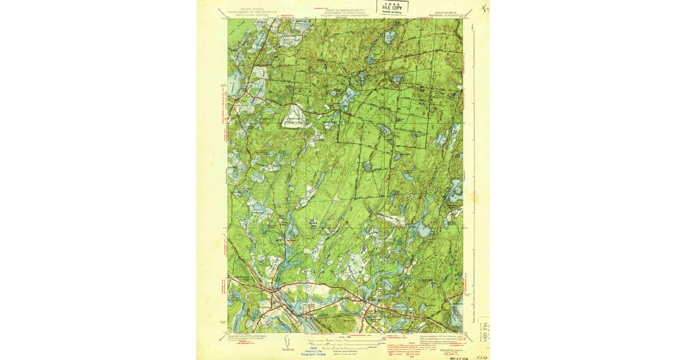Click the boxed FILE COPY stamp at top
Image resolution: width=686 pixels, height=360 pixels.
(x=393, y=7)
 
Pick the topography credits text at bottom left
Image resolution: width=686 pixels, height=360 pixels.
(x=252, y=338)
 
